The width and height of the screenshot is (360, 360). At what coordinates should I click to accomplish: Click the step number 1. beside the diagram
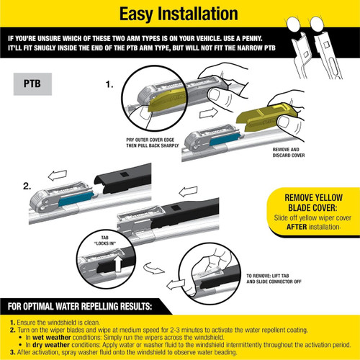click(x=109, y=84)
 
